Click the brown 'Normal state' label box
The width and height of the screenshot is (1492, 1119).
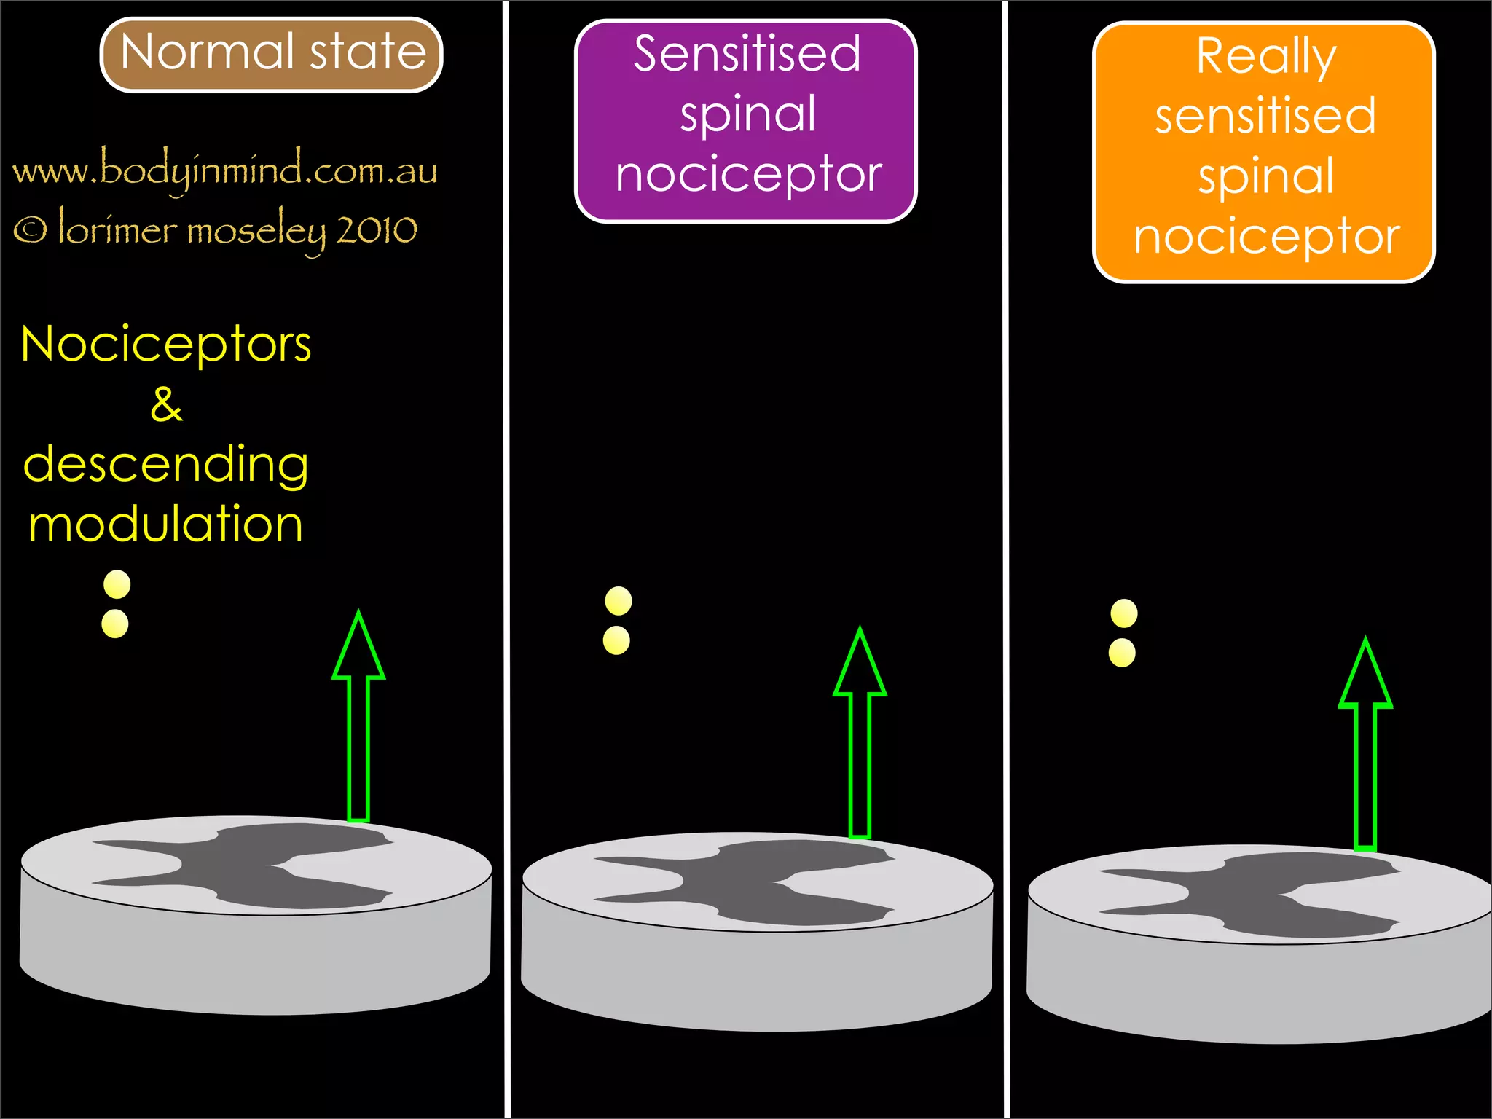pos(271,55)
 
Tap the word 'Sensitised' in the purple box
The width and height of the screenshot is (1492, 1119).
pos(747,54)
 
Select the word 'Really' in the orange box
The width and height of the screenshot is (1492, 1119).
pos(1265,57)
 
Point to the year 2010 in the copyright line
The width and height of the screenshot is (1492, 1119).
pos(377,231)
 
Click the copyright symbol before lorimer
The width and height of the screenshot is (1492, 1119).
pos(30,231)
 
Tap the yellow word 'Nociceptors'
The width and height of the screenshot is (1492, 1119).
pos(166,344)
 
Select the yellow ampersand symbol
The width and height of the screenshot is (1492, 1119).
pos(166,404)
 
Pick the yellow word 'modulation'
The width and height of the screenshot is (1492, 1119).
pos(166,525)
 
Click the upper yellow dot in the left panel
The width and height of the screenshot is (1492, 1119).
pos(117,584)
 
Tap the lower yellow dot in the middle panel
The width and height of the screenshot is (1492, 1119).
pos(616,640)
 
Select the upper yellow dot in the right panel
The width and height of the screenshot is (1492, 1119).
pos(1124,613)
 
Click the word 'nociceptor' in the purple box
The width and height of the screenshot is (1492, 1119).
pos(749,176)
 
